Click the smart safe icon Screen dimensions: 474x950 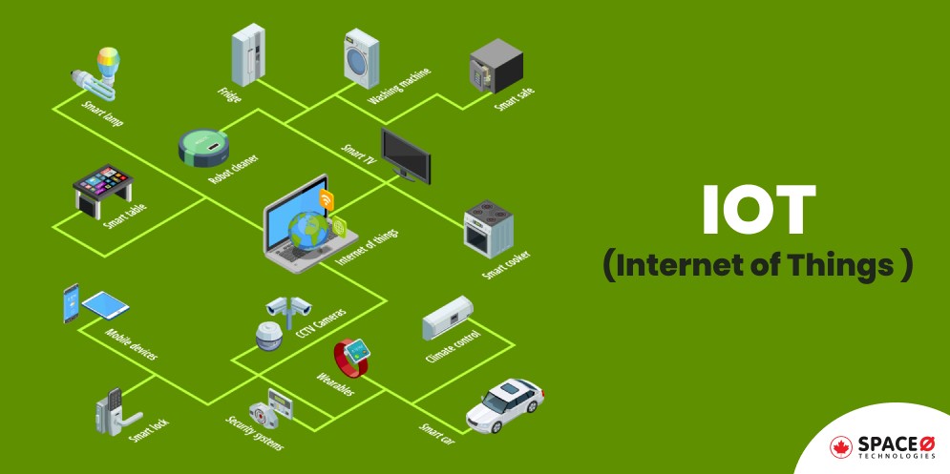(495, 67)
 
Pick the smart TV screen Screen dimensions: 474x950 (407, 153)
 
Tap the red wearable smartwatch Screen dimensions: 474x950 (354, 358)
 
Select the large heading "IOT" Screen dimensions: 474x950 (758, 210)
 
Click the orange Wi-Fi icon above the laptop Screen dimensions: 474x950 (327, 199)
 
